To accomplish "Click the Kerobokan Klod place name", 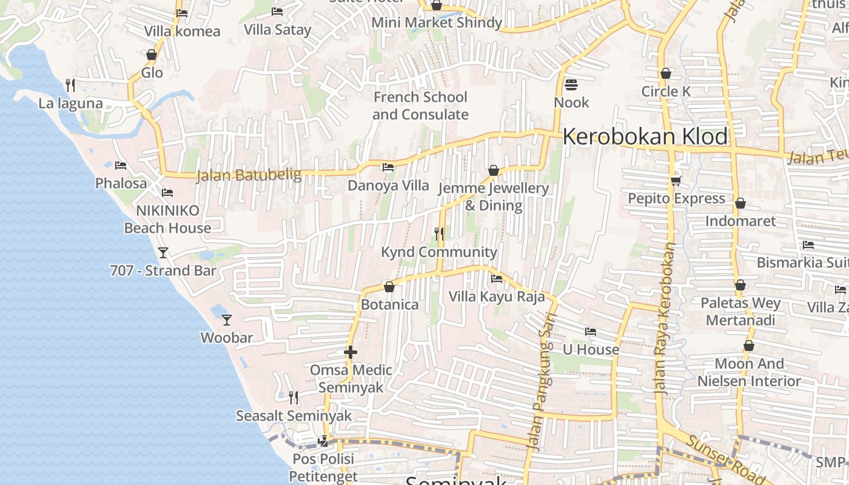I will click(645, 137).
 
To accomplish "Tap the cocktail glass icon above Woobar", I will click(226, 319).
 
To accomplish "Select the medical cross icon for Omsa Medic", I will click(350, 352).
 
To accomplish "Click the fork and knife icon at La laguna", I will click(70, 85).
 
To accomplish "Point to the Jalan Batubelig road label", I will click(249, 176).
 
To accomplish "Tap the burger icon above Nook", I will click(571, 84).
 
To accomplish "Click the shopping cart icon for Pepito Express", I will click(676, 181).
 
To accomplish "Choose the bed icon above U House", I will click(590, 332).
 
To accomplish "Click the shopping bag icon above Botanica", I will click(389, 286).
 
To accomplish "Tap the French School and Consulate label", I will click(420, 105).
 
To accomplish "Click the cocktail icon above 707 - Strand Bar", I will click(163, 252).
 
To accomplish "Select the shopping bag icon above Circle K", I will click(666, 73).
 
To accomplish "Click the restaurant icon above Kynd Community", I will click(439, 233).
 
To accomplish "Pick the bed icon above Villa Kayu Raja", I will click(497, 279).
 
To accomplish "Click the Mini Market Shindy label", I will click(437, 23).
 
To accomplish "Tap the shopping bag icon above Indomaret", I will click(740, 203).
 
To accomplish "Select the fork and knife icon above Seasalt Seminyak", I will click(294, 397).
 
